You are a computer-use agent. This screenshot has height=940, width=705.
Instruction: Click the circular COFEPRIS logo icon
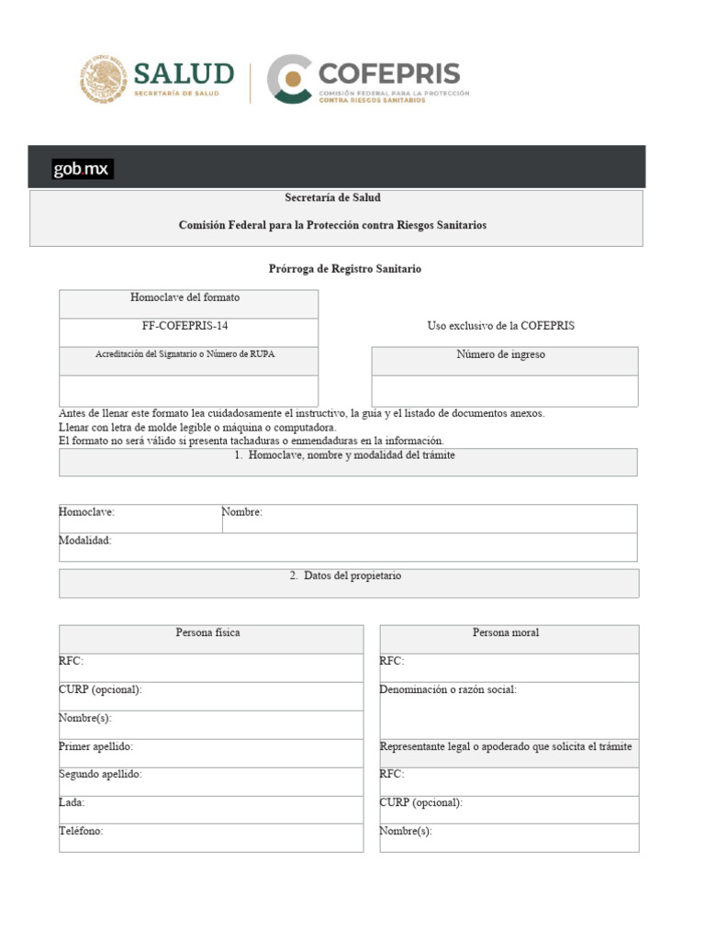[290, 79]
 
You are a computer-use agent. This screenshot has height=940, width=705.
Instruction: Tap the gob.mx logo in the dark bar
[83, 169]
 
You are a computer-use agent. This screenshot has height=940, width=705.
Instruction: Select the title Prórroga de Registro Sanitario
[345, 269]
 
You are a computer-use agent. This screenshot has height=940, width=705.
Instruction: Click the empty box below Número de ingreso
[504, 390]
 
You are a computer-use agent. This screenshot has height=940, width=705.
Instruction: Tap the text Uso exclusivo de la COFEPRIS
[501, 326]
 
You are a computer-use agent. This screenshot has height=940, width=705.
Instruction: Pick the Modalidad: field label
[85, 541]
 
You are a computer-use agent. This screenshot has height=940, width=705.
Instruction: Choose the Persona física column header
[208, 632]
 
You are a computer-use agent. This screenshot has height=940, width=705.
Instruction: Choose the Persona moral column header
[506, 632]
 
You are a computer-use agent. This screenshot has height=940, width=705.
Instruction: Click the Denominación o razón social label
[448, 689]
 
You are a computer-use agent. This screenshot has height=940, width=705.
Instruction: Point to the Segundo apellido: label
[100, 775]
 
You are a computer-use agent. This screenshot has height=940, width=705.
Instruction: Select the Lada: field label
[72, 802]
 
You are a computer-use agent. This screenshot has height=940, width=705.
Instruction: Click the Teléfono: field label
[81, 831]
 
